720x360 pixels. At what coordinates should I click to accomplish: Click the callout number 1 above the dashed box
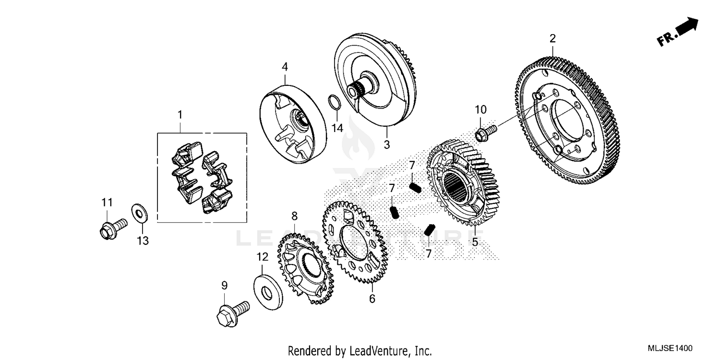pyautogui.click(x=180, y=115)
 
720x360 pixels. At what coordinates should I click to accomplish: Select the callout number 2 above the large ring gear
pyautogui.click(x=552, y=38)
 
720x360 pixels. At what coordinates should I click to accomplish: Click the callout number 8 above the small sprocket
pyautogui.click(x=294, y=216)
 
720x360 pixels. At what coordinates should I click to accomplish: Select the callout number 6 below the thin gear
pyautogui.click(x=372, y=299)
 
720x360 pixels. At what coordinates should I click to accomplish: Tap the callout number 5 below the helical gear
pyautogui.click(x=475, y=242)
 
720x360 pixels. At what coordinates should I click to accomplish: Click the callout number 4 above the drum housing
pyautogui.click(x=285, y=66)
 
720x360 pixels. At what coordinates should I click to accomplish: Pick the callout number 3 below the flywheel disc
pyautogui.click(x=386, y=144)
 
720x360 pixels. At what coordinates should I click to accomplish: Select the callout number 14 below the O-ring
pyautogui.click(x=337, y=128)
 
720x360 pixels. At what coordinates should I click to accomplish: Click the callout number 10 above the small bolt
pyautogui.click(x=480, y=109)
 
